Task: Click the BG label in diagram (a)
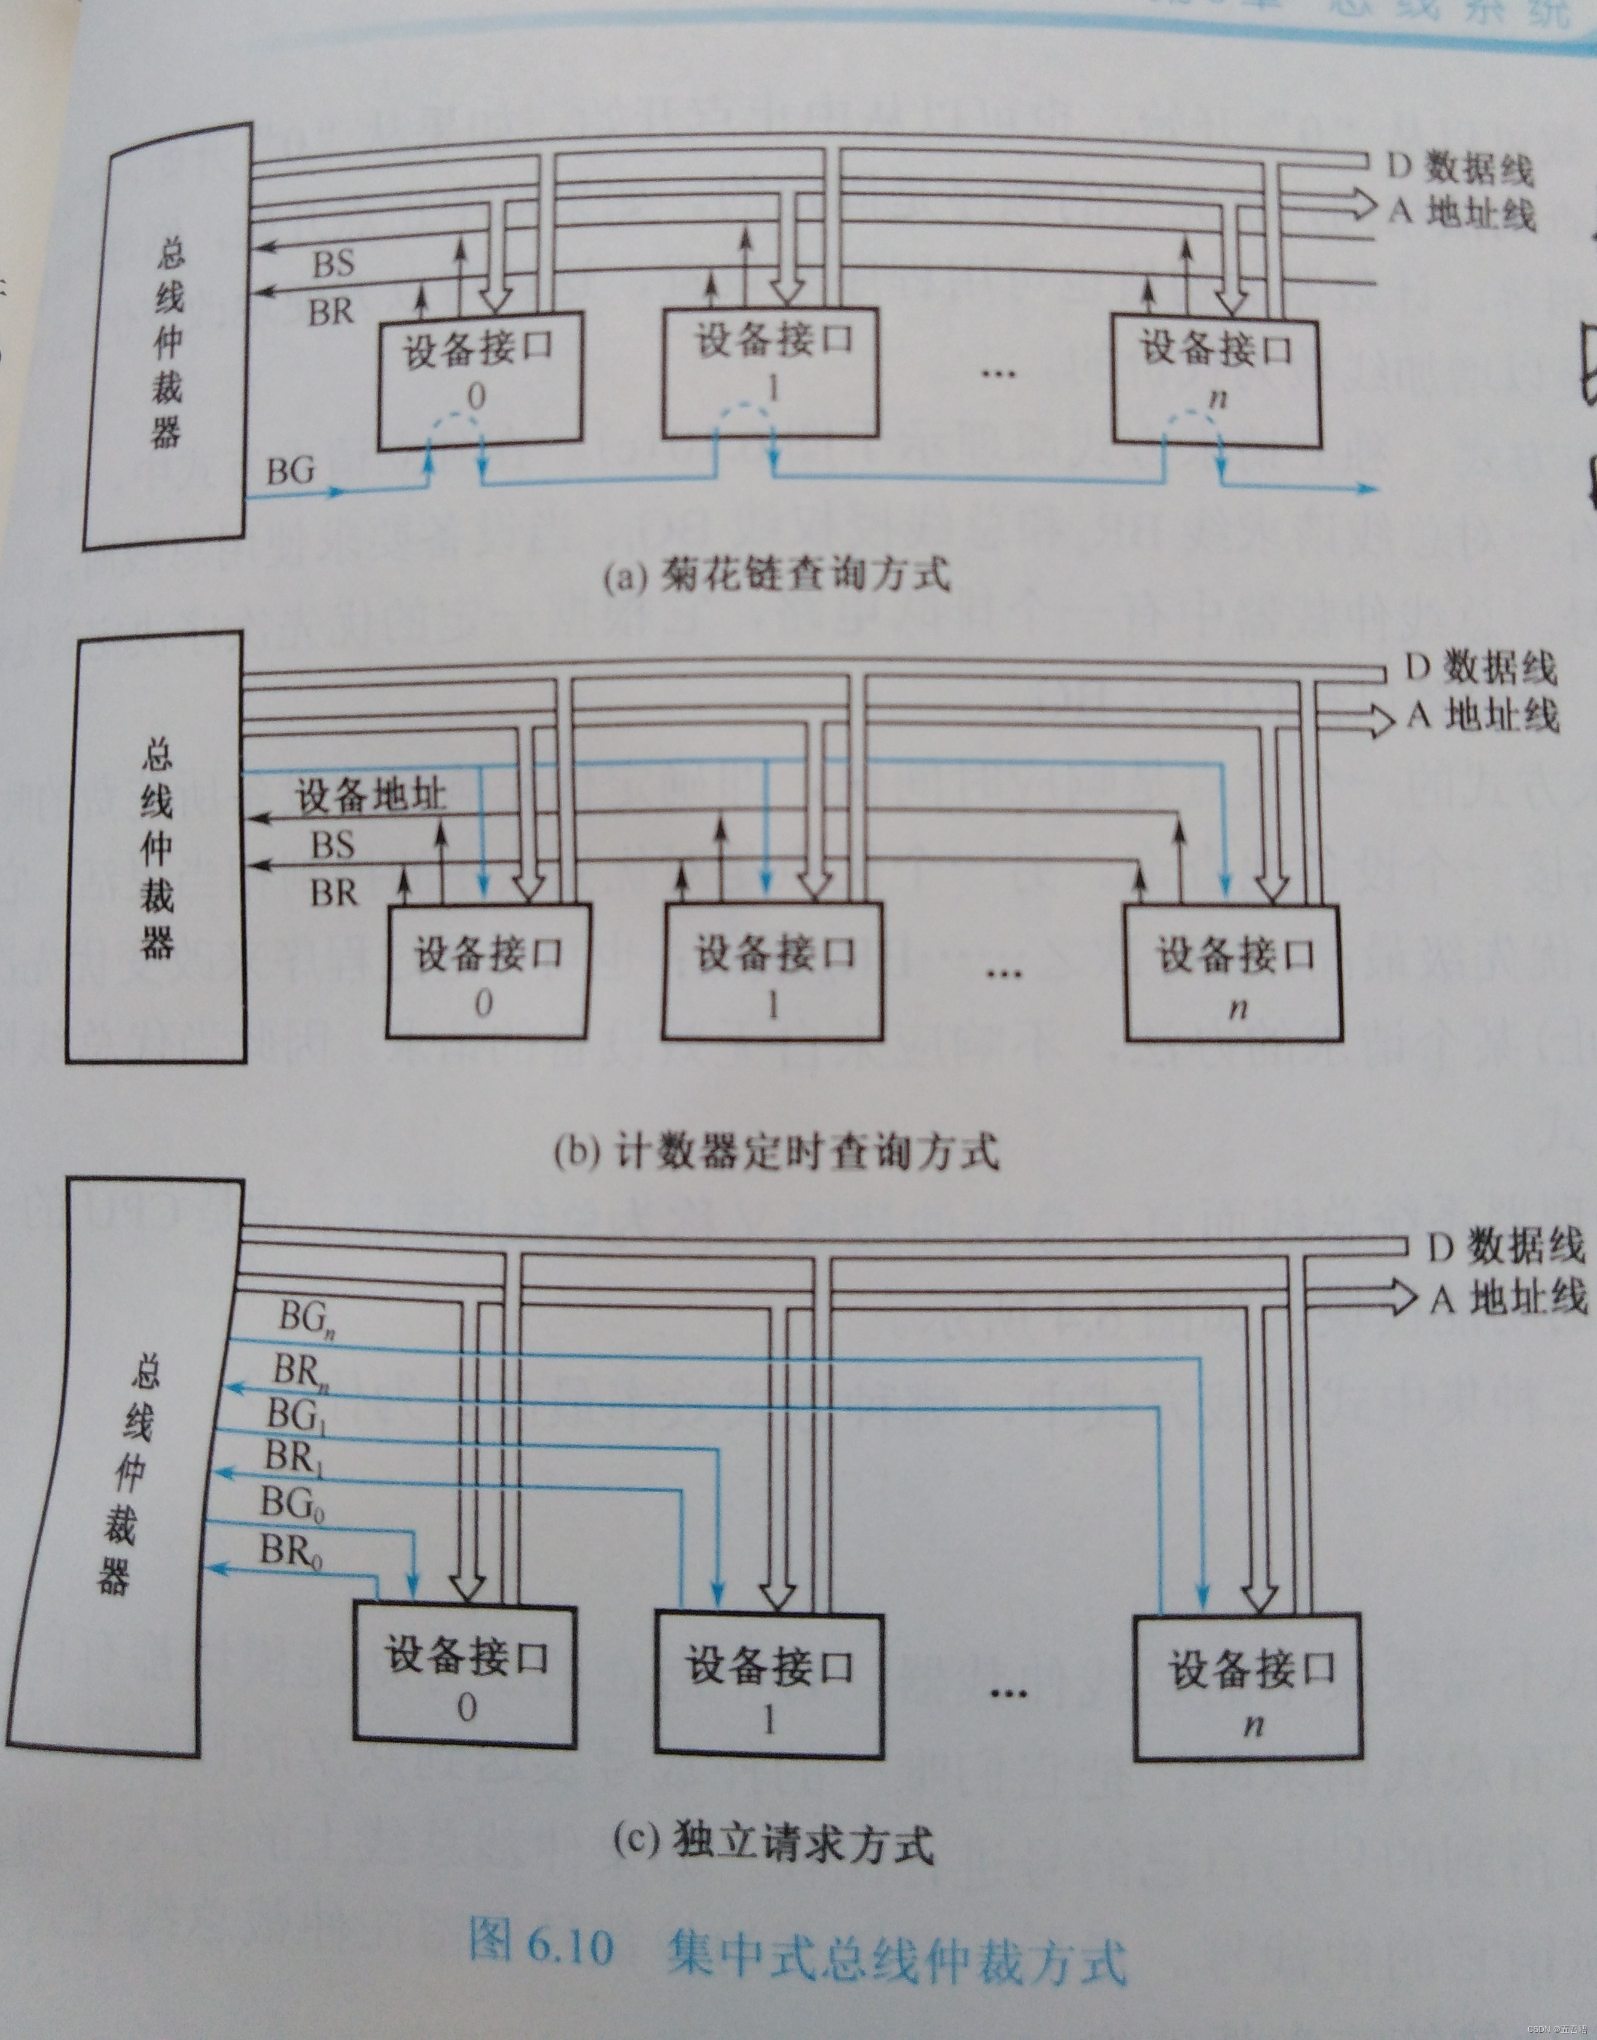[291, 469]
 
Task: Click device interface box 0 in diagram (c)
[465, 1678]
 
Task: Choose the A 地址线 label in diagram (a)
[1461, 213]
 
